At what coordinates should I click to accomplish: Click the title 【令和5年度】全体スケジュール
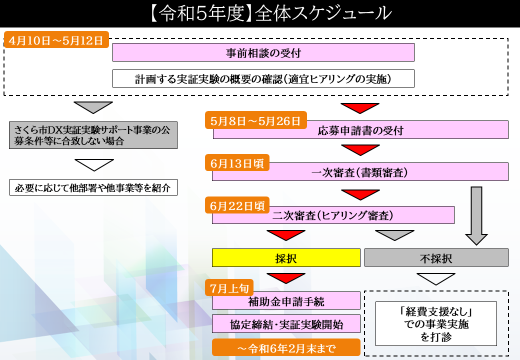[x=259, y=14]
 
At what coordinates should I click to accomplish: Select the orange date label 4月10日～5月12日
[x=55, y=42]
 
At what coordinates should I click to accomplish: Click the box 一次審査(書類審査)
[x=345, y=173]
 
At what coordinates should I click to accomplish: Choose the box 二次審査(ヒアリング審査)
[x=345, y=214]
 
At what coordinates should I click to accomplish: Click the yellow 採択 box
[x=286, y=257]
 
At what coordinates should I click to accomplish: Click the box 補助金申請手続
[x=286, y=301]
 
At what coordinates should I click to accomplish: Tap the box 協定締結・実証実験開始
[x=286, y=323]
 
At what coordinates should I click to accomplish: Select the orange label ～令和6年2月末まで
[x=286, y=347]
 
